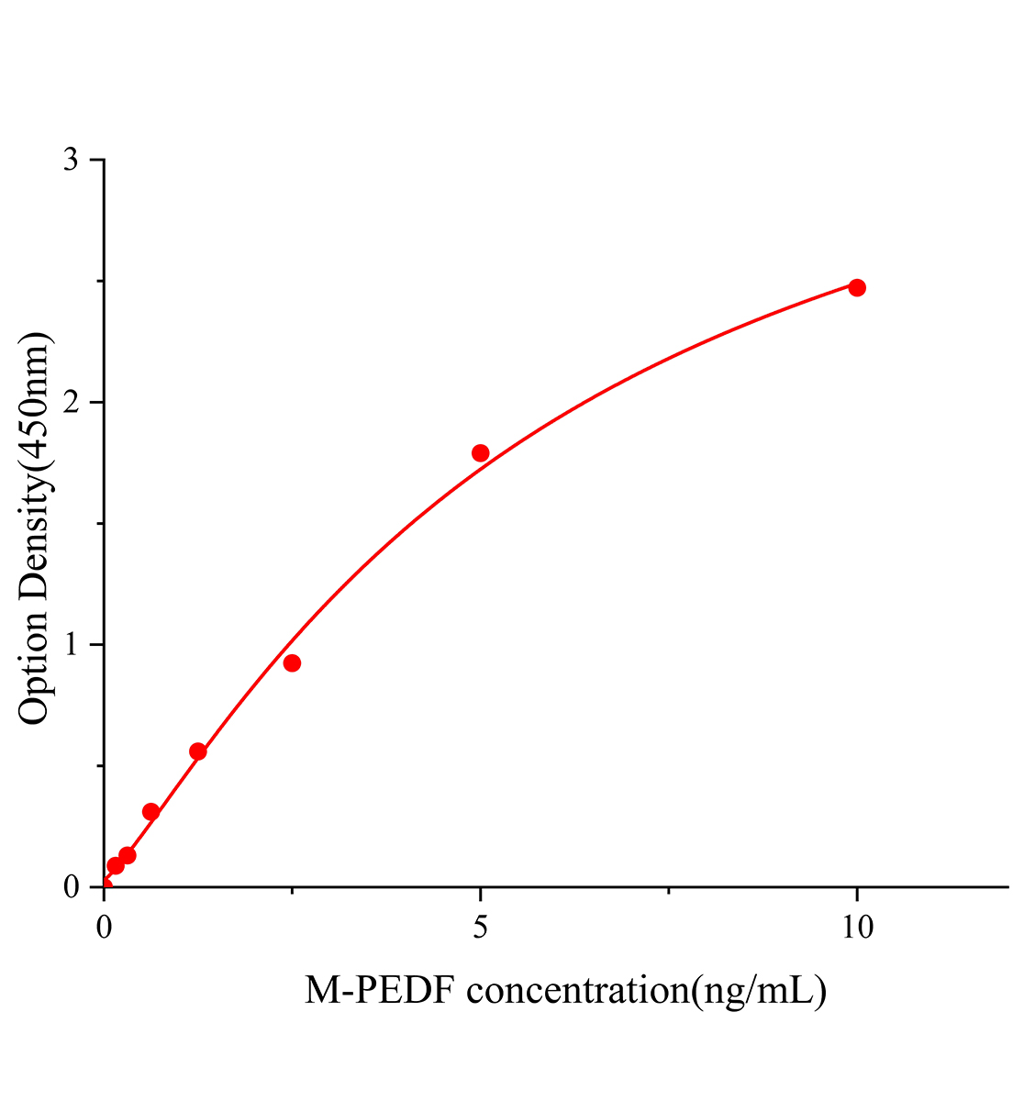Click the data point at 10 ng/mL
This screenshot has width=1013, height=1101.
pyautogui.click(x=857, y=287)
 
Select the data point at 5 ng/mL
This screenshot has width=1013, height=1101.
pyautogui.click(x=480, y=452)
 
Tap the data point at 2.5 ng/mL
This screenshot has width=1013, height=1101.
pyautogui.click(x=292, y=662)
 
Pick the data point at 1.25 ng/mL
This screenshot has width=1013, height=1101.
pyautogui.click(x=197, y=751)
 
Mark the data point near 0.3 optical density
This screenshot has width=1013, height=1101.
pyautogui.click(x=151, y=811)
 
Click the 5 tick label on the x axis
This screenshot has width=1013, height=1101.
pyautogui.click(x=480, y=927)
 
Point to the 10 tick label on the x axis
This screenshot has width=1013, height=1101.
pyautogui.click(x=857, y=927)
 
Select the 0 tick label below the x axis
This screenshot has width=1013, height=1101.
pyautogui.click(x=104, y=927)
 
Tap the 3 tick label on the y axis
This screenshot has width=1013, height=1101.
pyautogui.click(x=71, y=160)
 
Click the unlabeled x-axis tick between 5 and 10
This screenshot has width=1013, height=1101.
pyautogui.click(x=669, y=890)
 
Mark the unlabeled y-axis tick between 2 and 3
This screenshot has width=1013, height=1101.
pyautogui.click(x=99, y=281)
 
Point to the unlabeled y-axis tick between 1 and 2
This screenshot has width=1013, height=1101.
pyautogui.click(x=99, y=523)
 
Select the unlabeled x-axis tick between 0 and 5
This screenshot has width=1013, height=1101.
pyautogui.click(x=292, y=890)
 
